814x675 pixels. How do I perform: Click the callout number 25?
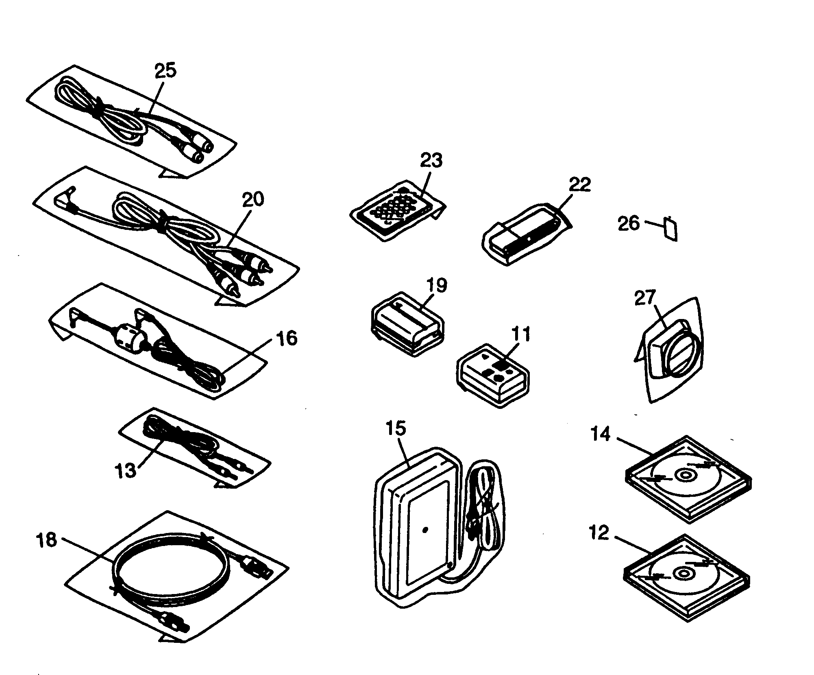[166, 71]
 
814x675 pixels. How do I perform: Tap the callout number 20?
[252, 199]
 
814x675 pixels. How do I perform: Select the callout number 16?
[287, 338]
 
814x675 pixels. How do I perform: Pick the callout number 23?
[431, 161]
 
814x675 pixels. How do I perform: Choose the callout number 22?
[579, 185]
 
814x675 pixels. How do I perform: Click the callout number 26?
[629, 224]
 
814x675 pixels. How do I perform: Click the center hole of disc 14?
[683, 475]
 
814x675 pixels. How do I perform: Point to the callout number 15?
[396, 428]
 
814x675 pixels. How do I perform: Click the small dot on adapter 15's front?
[425, 530]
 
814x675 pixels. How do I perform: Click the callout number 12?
[599, 533]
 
